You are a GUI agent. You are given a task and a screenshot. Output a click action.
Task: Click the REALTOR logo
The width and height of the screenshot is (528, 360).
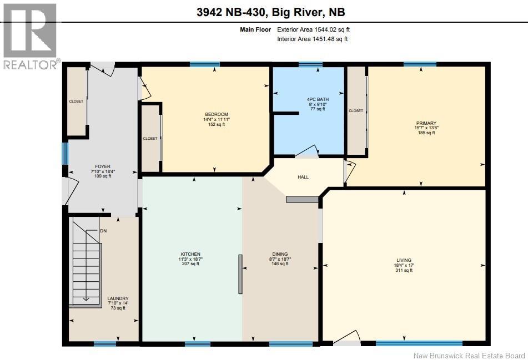30,36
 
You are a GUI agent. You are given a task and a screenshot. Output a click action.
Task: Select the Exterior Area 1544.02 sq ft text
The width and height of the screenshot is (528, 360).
313,29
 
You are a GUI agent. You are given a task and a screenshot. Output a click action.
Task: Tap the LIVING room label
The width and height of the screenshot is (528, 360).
404,260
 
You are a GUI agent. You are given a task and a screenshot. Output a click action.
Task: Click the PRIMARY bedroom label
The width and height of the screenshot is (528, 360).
426,123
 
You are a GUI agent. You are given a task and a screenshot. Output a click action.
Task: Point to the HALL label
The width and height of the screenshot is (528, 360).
303,177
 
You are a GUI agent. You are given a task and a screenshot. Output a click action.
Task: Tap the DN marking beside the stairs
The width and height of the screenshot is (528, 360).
103,231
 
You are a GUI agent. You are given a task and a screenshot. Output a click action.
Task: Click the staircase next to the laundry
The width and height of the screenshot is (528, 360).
86,266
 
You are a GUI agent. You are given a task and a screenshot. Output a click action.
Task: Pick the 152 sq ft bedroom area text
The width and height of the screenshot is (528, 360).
217,124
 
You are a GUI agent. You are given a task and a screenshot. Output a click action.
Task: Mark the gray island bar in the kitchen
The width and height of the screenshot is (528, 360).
240,273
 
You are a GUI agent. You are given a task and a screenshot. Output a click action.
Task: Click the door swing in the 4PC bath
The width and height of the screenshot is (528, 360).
306,151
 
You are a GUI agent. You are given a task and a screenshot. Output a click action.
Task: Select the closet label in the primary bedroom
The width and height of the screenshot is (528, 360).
356,111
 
